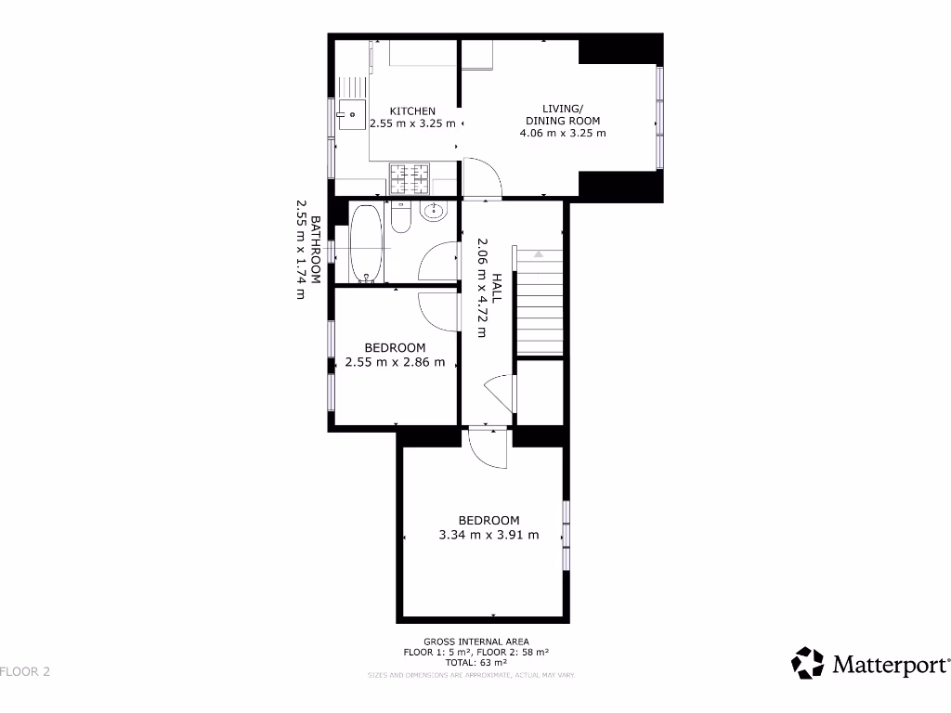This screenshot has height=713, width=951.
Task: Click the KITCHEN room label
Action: tap(412, 111)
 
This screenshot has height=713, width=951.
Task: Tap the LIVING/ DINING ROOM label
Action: tap(563, 114)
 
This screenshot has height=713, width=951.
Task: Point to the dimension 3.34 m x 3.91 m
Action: tap(489, 535)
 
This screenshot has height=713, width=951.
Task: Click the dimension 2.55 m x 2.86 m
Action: tap(395, 362)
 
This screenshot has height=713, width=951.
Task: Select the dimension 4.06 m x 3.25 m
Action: tap(563, 133)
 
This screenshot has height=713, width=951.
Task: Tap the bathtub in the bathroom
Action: tap(366, 242)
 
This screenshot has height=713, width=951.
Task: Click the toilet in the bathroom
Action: tap(400, 217)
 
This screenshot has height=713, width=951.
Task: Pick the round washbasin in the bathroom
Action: tap(433, 212)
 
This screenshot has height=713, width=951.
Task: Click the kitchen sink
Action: tap(351, 116)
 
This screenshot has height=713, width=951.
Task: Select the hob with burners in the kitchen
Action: tap(409, 176)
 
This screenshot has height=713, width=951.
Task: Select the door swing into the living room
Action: tap(483, 178)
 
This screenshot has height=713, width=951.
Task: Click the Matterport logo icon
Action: tap(807, 663)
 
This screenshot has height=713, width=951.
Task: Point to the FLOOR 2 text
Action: tap(25, 671)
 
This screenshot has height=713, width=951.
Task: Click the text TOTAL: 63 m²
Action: tap(476, 663)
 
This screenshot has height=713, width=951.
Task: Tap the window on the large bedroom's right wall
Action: tap(566, 536)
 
